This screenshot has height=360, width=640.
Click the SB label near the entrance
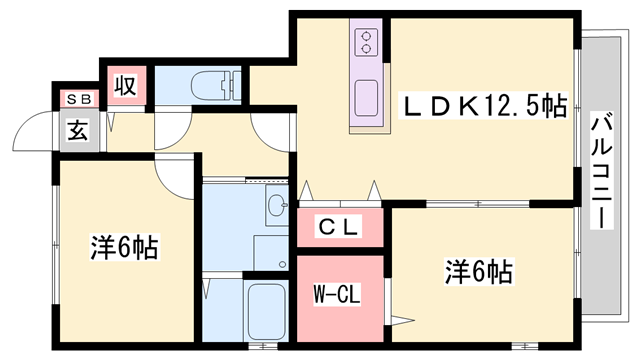[x=76, y=99]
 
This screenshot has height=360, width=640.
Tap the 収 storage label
[x=125, y=84]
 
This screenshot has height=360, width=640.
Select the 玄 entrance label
[x=76, y=128]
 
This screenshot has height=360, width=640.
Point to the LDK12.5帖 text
[x=484, y=104]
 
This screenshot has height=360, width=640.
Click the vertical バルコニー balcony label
[x=602, y=170]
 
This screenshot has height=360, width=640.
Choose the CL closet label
[x=338, y=228]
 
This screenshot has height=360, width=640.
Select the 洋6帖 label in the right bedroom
[x=479, y=271]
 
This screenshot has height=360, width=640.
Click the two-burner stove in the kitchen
[x=366, y=42]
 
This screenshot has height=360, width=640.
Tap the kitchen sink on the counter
[x=366, y=100]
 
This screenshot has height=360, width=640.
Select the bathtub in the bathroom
[x=269, y=311]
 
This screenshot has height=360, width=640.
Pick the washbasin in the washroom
[x=277, y=206]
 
